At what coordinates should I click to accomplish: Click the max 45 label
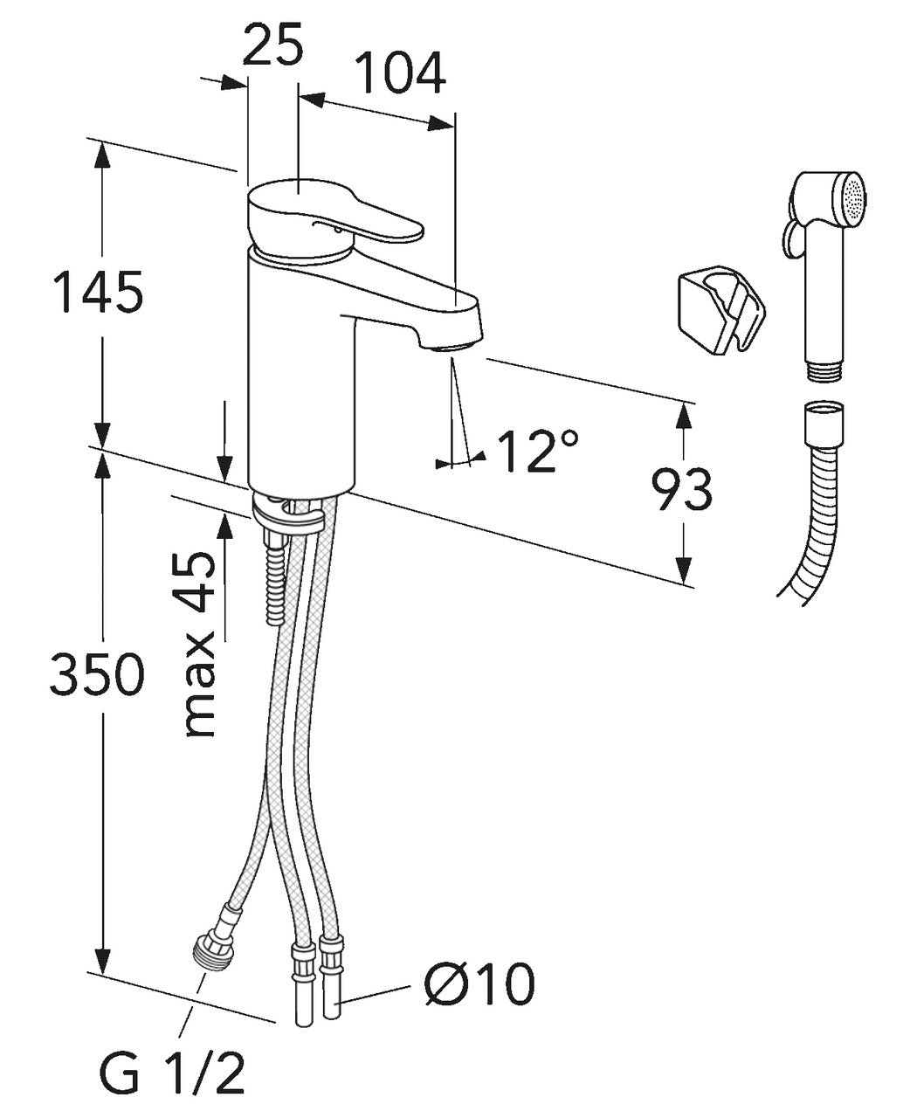(x=202, y=645)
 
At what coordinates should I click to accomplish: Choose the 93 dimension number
(x=681, y=491)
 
